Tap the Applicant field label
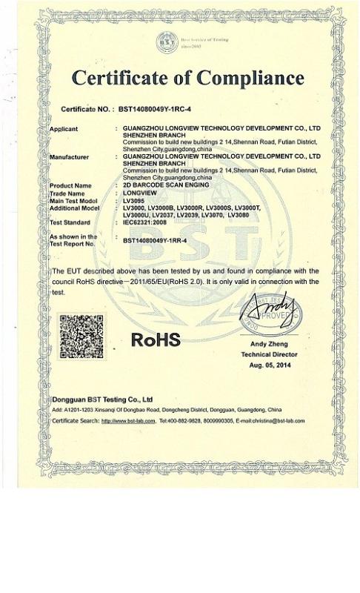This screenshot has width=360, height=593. [64, 129]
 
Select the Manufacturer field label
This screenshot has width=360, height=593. [69, 157]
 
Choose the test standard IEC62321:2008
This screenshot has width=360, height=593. [147, 222]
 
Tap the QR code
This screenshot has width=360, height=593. [81, 335]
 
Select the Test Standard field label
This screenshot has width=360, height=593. [70, 222]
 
